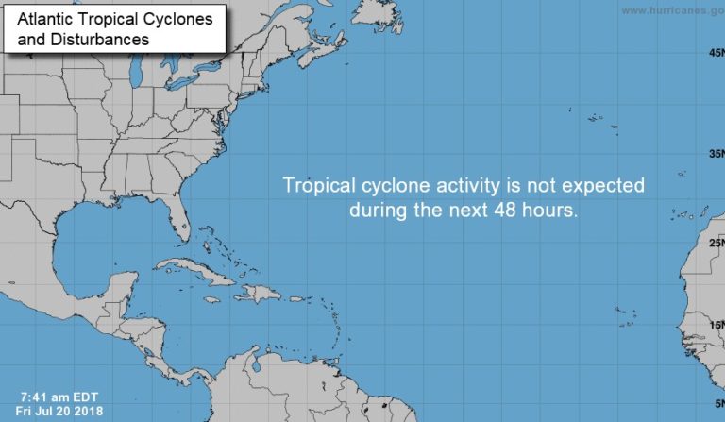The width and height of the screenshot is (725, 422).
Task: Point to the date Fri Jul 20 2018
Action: [59, 412]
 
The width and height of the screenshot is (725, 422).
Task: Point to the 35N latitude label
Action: [716, 154]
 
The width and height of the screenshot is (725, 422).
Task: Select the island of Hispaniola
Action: [258, 293]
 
